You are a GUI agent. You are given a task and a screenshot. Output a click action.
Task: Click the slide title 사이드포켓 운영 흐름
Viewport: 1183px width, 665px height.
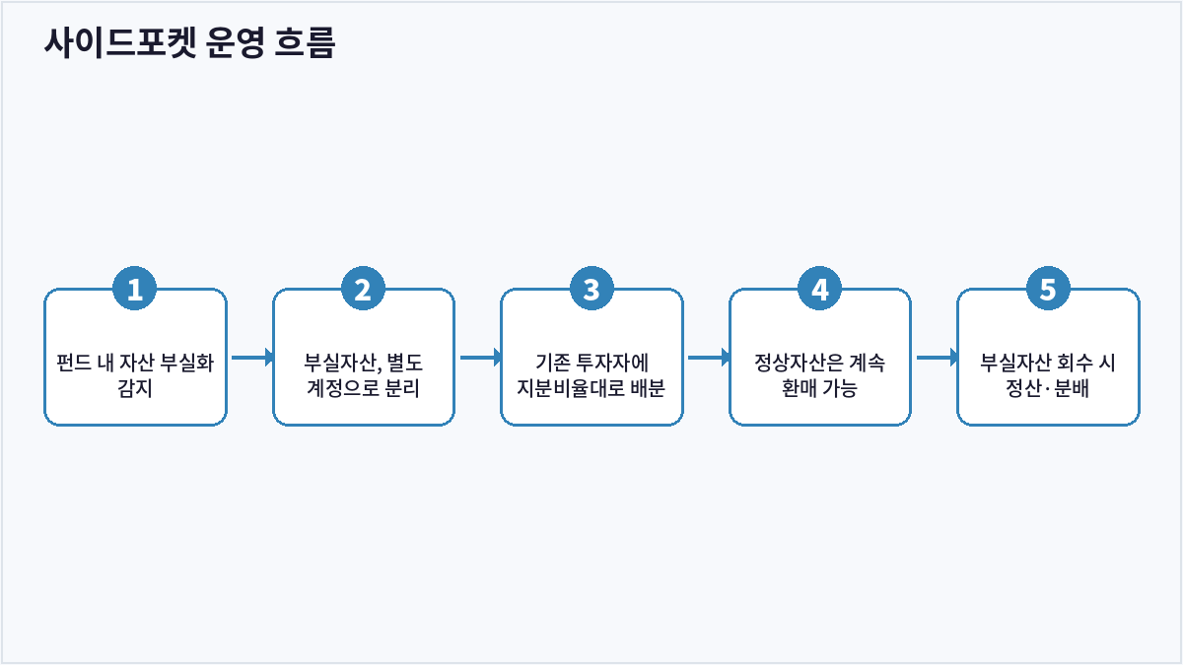[189, 42]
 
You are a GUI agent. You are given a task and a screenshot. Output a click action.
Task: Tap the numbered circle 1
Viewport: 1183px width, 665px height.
[135, 289]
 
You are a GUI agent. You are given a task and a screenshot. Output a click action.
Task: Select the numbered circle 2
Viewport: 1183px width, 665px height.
[363, 289]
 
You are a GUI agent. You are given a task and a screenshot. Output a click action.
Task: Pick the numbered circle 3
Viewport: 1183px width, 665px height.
[591, 289]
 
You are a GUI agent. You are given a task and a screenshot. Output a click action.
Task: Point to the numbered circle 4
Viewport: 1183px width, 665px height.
[819, 289]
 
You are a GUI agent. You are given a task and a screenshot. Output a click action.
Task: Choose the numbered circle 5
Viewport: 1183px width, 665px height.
[1048, 289]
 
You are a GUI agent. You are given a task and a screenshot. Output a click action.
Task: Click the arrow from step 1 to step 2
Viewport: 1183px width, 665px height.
[252, 358]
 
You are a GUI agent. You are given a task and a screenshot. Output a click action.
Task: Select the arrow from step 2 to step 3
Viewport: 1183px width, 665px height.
[481, 358]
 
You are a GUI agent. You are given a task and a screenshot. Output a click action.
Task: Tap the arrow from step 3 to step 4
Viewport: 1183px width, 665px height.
[709, 358]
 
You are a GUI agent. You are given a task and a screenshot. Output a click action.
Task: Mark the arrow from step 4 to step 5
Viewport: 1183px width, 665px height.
[938, 358]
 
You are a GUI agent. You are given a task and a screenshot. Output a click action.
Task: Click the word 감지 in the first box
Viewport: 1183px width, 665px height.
[135, 388]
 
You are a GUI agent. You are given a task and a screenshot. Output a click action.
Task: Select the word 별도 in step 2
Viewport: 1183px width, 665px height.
[405, 363]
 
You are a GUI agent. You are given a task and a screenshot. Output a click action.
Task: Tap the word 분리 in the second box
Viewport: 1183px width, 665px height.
[402, 388]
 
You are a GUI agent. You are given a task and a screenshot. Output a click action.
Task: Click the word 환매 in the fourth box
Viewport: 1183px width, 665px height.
[800, 388]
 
